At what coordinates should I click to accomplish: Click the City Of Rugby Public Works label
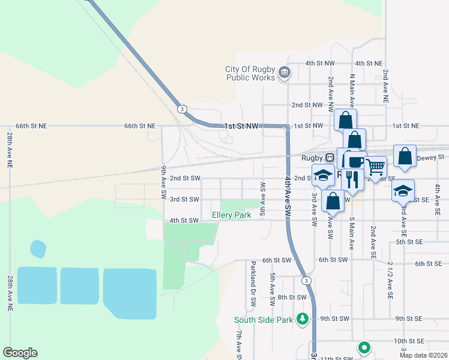250,73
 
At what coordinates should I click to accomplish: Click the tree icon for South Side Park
303,319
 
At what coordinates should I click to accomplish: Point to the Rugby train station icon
330,157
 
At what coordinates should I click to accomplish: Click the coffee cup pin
355,161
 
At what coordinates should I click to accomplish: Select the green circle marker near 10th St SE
363,347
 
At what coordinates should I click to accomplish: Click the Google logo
20,353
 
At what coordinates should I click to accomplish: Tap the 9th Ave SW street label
163,183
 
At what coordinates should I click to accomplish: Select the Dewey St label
432,157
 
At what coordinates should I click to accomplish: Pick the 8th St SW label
292,297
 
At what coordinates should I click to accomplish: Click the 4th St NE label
369,63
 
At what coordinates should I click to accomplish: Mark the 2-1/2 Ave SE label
390,280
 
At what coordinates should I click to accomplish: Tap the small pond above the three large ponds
38,248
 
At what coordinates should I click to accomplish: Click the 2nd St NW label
306,104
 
